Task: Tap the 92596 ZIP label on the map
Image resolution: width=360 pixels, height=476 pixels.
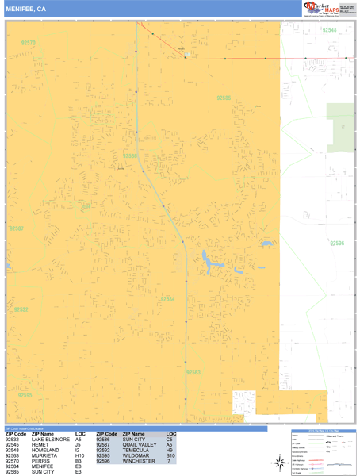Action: [338, 244]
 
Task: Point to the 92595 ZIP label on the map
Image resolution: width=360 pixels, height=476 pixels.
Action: [25, 394]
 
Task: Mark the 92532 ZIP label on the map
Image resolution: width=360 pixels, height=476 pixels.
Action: [21, 309]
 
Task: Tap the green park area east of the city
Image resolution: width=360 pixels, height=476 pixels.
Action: [342, 127]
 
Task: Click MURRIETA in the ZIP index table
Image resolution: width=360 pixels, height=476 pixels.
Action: [46, 455]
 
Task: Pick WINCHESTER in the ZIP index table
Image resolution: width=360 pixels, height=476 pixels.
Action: [139, 461]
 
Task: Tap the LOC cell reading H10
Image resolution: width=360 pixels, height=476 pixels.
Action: [79, 455]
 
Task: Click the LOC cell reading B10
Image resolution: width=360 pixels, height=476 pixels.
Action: [170, 455]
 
